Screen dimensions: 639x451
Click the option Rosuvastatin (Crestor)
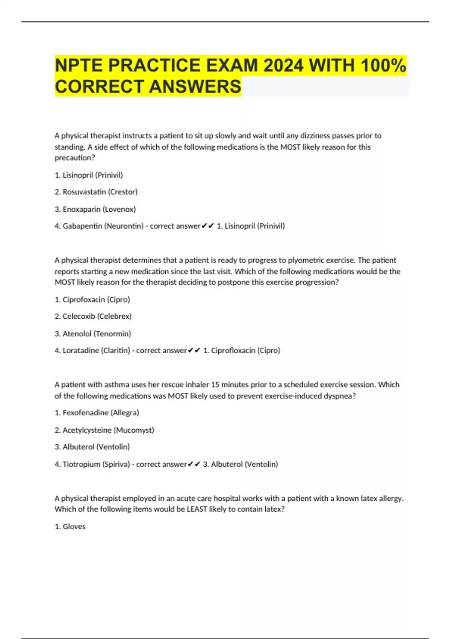pyautogui.click(x=96, y=192)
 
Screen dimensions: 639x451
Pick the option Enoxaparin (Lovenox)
pyautogui.click(x=95, y=209)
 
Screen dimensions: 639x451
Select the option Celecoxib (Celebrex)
pyautogui.click(x=93, y=316)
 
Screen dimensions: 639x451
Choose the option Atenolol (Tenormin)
pyautogui.click(x=93, y=333)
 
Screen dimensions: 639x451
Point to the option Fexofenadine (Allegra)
pyautogui.click(x=97, y=413)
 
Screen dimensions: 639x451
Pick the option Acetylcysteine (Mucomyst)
pyautogui.click(x=104, y=430)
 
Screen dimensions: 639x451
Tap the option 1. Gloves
pyautogui.click(x=70, y=527)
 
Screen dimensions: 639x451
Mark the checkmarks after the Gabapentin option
pyautogui.click(x=207, y=226)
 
